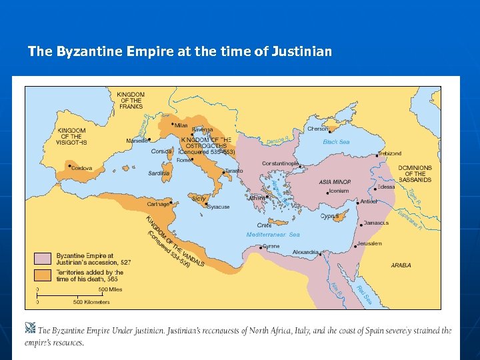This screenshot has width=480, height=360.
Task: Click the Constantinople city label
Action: coord(279,163)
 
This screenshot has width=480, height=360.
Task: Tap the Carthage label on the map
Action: coord(157,204)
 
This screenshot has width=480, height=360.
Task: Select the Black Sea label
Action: coord(336,142)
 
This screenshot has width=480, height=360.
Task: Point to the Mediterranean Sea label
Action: coord(273,235)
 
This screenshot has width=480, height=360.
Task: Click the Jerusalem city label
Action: coord(369,243)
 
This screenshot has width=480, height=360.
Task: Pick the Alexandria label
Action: coord(306,253)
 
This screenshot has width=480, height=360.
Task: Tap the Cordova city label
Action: coord(81,168)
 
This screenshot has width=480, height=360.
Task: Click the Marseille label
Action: coord(137,141)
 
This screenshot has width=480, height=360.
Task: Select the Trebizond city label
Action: coord(390,154)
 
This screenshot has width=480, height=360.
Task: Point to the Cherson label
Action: coord(317,129)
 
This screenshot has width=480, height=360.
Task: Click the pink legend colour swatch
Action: coord(43,259)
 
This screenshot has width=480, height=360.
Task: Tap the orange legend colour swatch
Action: coord(43,275)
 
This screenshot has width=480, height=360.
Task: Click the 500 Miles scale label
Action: coord(111,290)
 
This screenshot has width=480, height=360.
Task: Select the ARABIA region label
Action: coord(401,265)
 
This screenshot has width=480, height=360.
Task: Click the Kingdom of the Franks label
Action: coord(131,100)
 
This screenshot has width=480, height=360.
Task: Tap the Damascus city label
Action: coord(377,223)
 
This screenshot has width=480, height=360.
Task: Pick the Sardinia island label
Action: coord(159,173)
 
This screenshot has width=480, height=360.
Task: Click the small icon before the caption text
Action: coord(30,328)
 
